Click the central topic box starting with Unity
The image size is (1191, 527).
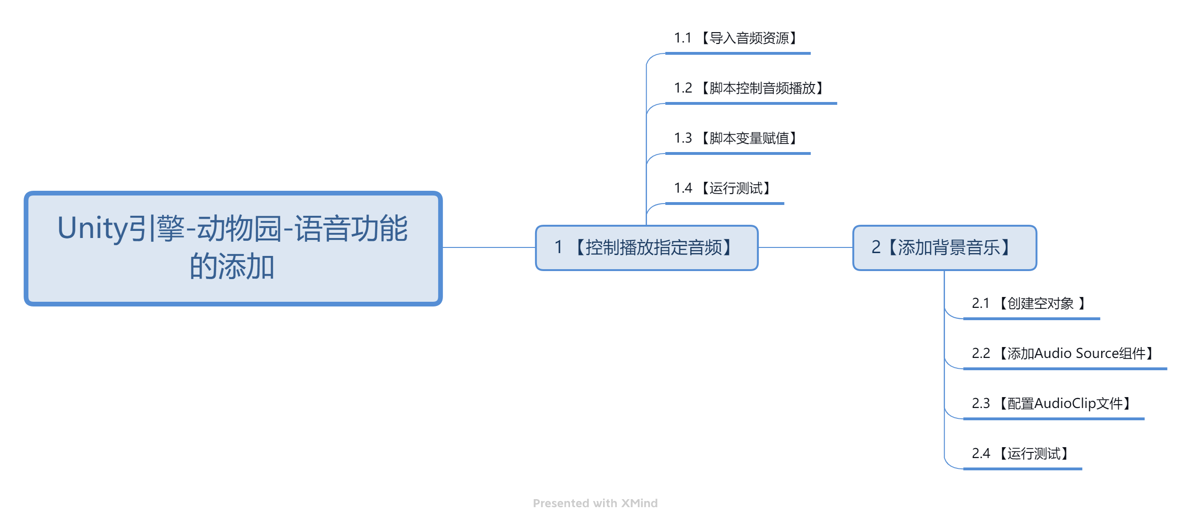233,248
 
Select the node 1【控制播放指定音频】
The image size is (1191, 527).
647,248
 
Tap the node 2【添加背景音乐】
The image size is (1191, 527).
944,248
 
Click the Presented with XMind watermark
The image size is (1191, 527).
595,503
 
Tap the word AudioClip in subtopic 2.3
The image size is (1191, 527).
1065,404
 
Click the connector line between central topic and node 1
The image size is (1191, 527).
489,247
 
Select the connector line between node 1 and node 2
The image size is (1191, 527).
805,247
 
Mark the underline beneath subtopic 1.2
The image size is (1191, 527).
751,103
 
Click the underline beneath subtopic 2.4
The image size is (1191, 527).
1022,469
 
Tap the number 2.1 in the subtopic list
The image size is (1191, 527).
980,304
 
